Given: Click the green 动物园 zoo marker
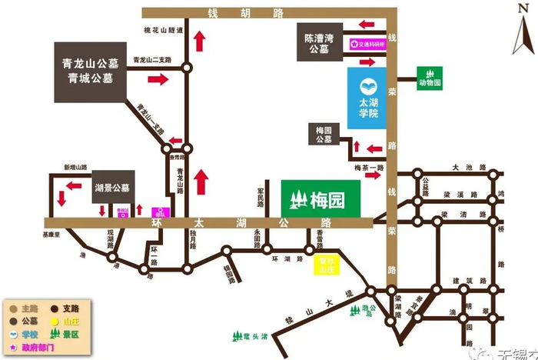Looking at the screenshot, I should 430,78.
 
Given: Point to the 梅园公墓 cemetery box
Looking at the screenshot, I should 324,135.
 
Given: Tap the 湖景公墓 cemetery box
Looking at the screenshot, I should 112,188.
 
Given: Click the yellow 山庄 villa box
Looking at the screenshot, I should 327,266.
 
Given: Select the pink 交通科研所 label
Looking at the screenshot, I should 367,44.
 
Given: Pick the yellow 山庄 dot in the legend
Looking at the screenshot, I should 57,322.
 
